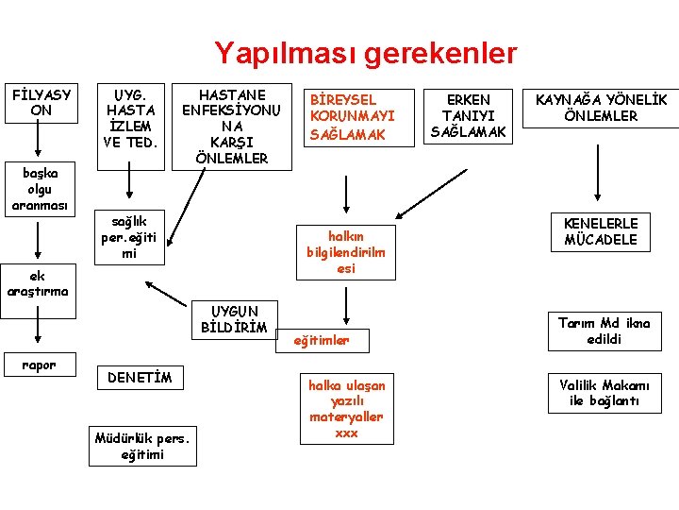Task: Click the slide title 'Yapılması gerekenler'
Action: tap(365, 53)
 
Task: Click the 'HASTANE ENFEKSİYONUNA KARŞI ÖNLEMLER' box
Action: tap(231, 127)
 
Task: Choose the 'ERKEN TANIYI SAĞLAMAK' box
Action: tap(469, 116)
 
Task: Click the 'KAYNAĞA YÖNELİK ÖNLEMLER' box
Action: tap(601, 108)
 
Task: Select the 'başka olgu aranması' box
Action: tap(36, 189)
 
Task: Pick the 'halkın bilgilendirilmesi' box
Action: tap(346, 251)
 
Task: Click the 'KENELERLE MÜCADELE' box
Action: tap(601, 231)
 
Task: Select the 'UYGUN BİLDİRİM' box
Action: tap(233, 319)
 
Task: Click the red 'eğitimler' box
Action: tap(323, 340)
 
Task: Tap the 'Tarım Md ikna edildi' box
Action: tap(604, 331)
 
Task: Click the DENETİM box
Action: tap(141, 378)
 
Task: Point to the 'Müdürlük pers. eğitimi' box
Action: tap(142, 446)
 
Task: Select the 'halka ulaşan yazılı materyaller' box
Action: tap(346, 409)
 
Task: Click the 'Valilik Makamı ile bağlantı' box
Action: tap(604, 392)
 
